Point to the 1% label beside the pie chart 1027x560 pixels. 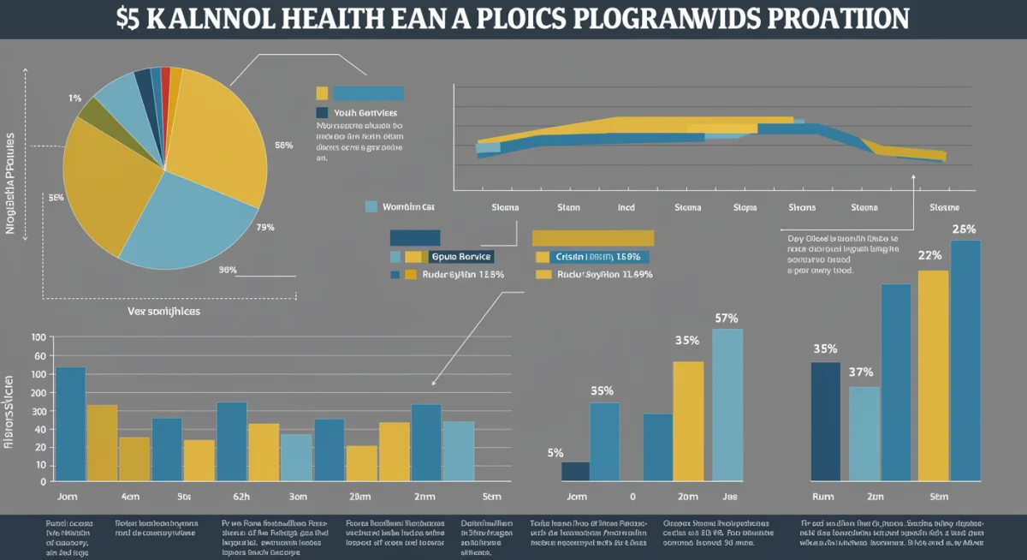[x=75, y=98]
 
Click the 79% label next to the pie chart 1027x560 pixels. [x=264, y=228]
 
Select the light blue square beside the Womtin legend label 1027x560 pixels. [x=371, y=206]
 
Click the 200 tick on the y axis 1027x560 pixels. [x=39, y=392]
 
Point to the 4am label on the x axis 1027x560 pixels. [x=130, y=496]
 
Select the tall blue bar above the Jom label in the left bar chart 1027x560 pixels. [x=70, y=424]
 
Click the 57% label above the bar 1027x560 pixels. [x=726, y=319]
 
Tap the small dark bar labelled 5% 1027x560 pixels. [x=575, y=471]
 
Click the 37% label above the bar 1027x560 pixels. [x=861, y=372]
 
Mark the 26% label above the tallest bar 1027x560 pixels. [x=964, y=229]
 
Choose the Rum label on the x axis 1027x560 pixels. [x=822, y=496]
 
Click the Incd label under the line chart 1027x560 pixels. [x=626, y=207]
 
